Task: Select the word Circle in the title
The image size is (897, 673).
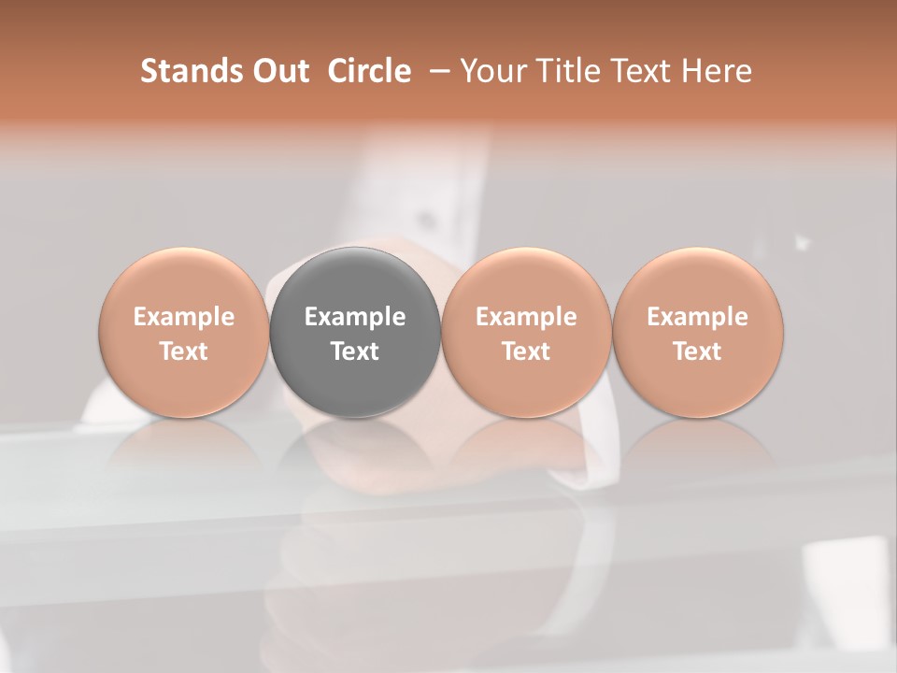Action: click(x=369, y=71)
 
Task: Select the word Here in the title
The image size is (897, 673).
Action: click(x=718, y=71)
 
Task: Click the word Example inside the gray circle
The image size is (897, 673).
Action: click(x=355, y=317)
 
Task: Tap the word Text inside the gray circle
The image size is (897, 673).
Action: click(x=355, y=351)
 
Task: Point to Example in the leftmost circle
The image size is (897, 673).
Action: click(x=184, y=317)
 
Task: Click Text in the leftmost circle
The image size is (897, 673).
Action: click(x=184, y=351)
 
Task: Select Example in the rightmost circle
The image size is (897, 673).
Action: click(x=698, y=317)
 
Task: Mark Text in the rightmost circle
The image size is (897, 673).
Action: click(x=698, y=351)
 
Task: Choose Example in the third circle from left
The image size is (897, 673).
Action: click(x=526, y=317)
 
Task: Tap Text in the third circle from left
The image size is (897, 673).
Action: click(x=526, y=351)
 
